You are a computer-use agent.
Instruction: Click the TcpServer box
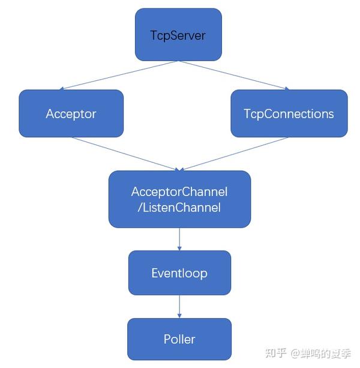178,35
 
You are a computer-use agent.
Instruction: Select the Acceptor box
71,113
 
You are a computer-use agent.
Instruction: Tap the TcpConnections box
289,113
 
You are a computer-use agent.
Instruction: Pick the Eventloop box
179,273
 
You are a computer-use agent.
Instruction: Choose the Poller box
179,339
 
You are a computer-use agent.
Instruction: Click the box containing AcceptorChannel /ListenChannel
179,200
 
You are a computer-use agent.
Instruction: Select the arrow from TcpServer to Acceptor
114,76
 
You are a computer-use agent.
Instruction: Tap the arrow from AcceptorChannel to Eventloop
179,239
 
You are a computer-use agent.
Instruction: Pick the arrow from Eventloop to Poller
179,306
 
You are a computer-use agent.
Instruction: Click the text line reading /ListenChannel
179,208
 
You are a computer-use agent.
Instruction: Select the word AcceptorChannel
179,192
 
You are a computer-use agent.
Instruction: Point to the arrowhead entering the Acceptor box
73,89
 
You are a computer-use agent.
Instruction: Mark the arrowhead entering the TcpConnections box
286,89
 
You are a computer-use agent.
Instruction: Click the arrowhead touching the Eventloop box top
179,248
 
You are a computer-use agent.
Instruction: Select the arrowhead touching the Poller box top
179,316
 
